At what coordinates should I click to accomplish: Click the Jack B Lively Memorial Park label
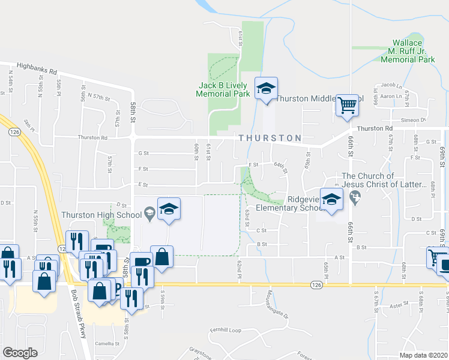click(x=224, y=90)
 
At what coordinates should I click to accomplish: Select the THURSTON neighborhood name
click(x=270, y=138)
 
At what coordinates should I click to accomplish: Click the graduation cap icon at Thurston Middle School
click(x=266, y=89)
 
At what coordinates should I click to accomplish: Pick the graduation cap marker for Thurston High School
click(x=169, y=209)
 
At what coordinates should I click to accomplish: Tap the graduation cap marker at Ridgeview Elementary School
click(x=331, y=200)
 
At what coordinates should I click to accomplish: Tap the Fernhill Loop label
click(x=224, y=331)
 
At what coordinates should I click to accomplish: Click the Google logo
click(x=20, y=353)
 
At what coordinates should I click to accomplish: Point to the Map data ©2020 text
click(x=423, y=355)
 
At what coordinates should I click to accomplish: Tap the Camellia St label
click(x=107, y=344)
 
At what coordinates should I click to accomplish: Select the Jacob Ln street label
click(x=391, y=86)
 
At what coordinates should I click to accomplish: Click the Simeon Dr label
click(x=414, y=120)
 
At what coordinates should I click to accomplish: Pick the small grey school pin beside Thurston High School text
click(x=149, y=212)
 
